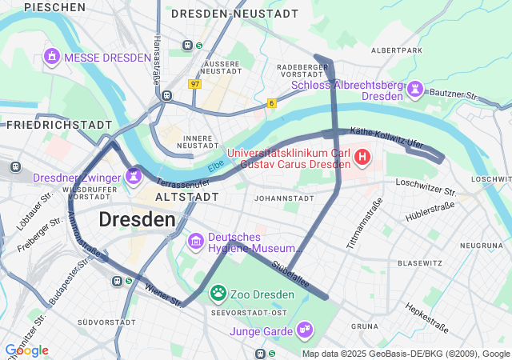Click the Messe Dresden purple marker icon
click(52, 57)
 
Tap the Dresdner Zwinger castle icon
click(134, 175)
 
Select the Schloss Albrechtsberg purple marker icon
click(415, 90)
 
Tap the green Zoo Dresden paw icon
click(217, 294)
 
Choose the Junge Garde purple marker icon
click(304, 330)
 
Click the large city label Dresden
click(137, 219)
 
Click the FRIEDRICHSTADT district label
click(59, 125)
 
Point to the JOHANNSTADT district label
click(282, 198)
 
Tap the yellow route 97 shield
click(195, 83)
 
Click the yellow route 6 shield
click(272, 103)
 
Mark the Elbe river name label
click(216, 166)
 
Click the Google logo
click(26, 350)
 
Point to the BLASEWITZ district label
click(420, 262)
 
